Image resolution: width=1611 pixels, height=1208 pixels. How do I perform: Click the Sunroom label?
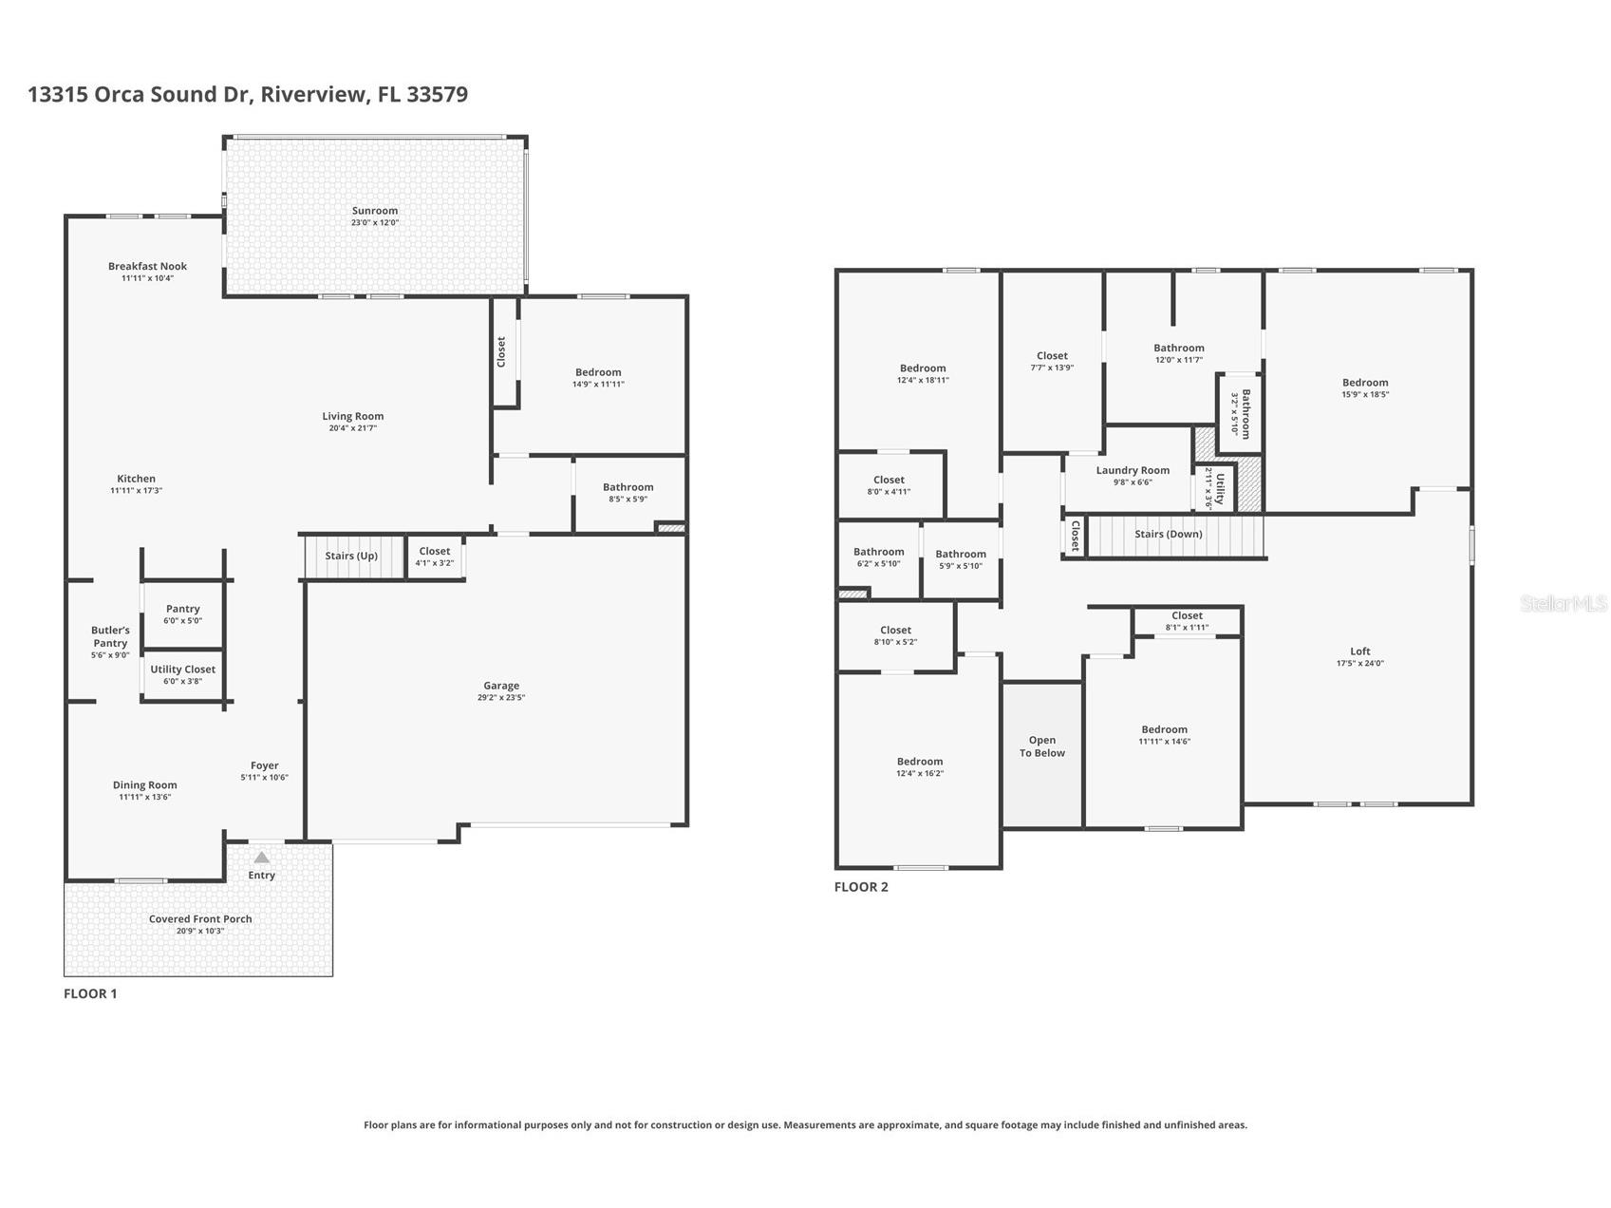click(x=375, y=211)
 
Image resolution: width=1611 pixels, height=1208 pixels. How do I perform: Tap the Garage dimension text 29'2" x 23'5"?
click(x=501, y=698)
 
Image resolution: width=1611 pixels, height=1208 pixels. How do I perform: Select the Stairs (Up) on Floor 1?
click(x=351, y=557)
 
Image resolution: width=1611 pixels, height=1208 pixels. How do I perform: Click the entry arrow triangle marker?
click(x=261, y=858)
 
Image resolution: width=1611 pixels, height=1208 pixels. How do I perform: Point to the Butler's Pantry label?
click(x=110, y=636)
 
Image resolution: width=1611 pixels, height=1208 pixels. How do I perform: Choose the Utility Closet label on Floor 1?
click(x=182, y=670)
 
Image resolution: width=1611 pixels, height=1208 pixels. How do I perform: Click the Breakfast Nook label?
click(x=147, y=267)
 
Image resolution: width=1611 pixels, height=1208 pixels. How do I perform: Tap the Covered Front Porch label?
click(x=199, y=919)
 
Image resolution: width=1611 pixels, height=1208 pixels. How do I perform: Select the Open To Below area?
click(x=1041, y=746)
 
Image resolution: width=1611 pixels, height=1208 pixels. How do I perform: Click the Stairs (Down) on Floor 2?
click(x=1168, y=535)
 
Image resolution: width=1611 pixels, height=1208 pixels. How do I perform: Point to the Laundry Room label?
click(x=1132, y=470)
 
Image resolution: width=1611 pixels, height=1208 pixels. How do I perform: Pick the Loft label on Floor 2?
click(x=1359, y=651)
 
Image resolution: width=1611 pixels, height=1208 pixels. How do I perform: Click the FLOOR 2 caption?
click(x=861, y=887)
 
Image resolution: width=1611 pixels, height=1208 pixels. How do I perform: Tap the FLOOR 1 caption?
click(x=90, y=993)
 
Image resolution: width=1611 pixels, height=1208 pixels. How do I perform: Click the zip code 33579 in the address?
click(x=437, y=94)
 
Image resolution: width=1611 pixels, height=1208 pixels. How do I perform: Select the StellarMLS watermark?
click(x=1563, y=603)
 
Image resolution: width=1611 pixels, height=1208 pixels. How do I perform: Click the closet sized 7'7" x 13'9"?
click(x=1052, y=361)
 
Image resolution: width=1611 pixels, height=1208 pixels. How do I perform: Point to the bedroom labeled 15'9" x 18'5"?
click(x=1364, y=387)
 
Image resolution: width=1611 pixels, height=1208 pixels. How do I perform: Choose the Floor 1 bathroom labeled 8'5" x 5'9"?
click(x=628, y=492)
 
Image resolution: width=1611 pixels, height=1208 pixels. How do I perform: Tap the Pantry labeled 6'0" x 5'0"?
click(x=182, y=614)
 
